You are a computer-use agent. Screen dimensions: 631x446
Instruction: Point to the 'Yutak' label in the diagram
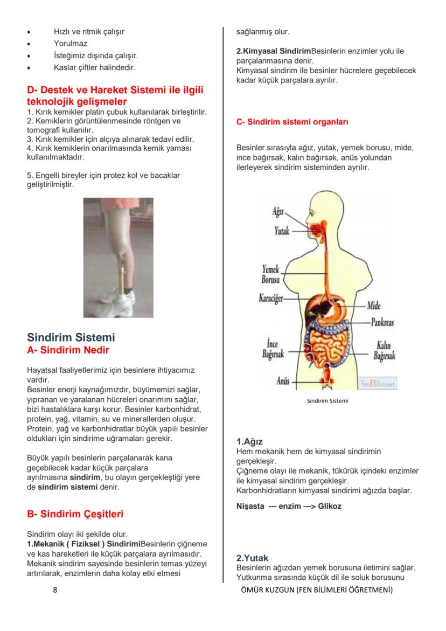pyautogui.click(x=282, y=231)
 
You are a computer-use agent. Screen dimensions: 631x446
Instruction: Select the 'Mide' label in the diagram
pyautogui.click(x=374, y=306)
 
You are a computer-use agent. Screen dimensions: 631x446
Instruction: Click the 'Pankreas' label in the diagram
pyautogui.click(x=382, y=322)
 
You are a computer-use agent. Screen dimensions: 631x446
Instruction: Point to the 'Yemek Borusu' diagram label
pyautogui.click(x=270, y=274)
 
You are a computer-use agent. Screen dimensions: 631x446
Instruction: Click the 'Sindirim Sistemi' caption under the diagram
pyautogui.click(x=327, y=401)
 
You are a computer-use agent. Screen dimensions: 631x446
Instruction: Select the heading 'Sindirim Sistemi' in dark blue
pyautogui.click(x=71, y=338)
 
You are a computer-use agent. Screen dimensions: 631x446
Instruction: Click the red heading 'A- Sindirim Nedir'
pyautogui.click(x=68, y=351)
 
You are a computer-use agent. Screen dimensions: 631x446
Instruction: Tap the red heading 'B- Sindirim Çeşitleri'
pyautogui.click(x=79, y=514)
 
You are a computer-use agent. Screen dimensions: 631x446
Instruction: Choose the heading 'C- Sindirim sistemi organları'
pyautogui.click(x=292, y=122)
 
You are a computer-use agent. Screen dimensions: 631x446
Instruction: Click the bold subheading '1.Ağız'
pyautogui.click(x=249, y=441)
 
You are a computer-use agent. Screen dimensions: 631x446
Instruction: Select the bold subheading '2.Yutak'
pyautogui.click(x=252, y=558)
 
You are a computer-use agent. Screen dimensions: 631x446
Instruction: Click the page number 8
pyautogui.click(x=55, y=590)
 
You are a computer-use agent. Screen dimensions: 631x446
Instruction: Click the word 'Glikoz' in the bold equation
pyautogui.click(x=330, y=506)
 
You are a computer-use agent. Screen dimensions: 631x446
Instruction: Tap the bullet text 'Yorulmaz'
pyautogui.click(x=70, y=44)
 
